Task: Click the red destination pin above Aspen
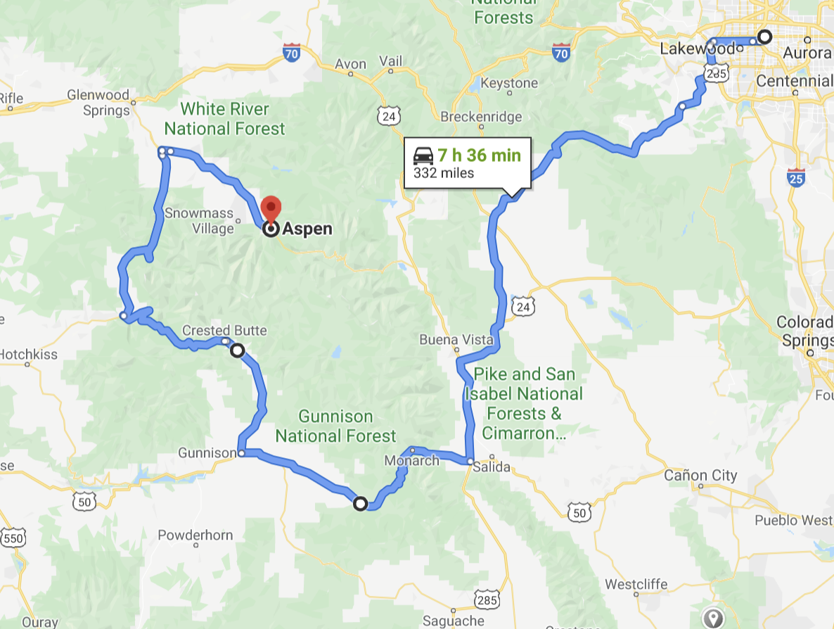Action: click(x=271, y=209)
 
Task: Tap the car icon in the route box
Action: click(x=423, y=155)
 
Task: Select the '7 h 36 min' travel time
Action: click(x=480, y=155)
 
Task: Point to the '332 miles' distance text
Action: click(x=444, y=172)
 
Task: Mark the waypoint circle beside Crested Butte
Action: click(x=238, y=350)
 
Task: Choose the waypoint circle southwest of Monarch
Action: click(x=360, y=503)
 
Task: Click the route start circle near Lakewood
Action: click(x=764, y=37)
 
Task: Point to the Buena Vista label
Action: click(x=457, y=340)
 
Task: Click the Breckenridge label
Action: click(x=481, y=117)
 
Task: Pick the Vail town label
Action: click(x=390, y=61)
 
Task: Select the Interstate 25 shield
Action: click(x=796, y=177)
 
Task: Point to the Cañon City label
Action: click(x=700, y=476)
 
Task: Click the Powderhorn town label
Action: click(x=195, y=535)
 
